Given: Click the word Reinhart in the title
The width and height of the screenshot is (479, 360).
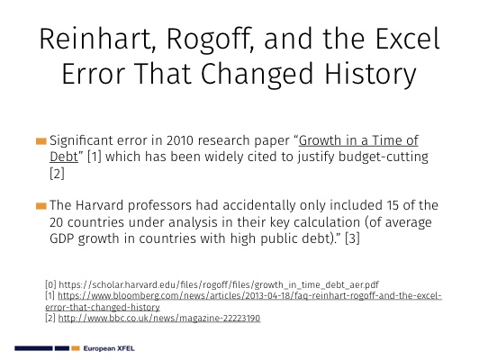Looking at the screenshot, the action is tap(95, 39).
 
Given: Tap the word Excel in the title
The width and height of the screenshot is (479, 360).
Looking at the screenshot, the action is tap(408, 39).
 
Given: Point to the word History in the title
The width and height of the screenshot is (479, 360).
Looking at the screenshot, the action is tap(370, 74).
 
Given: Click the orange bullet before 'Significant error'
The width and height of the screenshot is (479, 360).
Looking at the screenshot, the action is tap(41, 141).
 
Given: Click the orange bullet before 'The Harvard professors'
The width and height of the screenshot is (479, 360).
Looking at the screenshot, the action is tap(41, 206).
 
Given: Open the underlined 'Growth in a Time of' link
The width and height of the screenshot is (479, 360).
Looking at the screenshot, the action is tap(358, 140).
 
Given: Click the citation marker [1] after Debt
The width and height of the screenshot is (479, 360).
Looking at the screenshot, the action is tap(94, 157).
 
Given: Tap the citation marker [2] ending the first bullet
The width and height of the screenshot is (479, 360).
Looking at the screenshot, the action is tap(57, 174).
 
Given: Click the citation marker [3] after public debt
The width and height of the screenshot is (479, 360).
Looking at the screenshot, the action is tap(352, 238).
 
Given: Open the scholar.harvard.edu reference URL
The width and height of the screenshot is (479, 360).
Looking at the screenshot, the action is tap(219, 284).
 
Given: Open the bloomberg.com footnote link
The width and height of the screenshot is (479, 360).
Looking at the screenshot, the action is tap(243, 301).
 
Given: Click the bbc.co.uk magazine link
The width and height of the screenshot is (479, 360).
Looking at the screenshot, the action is tap(159, 319).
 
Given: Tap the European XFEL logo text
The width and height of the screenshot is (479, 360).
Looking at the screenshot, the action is tap(109, 348).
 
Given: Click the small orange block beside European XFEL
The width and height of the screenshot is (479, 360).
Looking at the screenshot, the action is tap(76, 348).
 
